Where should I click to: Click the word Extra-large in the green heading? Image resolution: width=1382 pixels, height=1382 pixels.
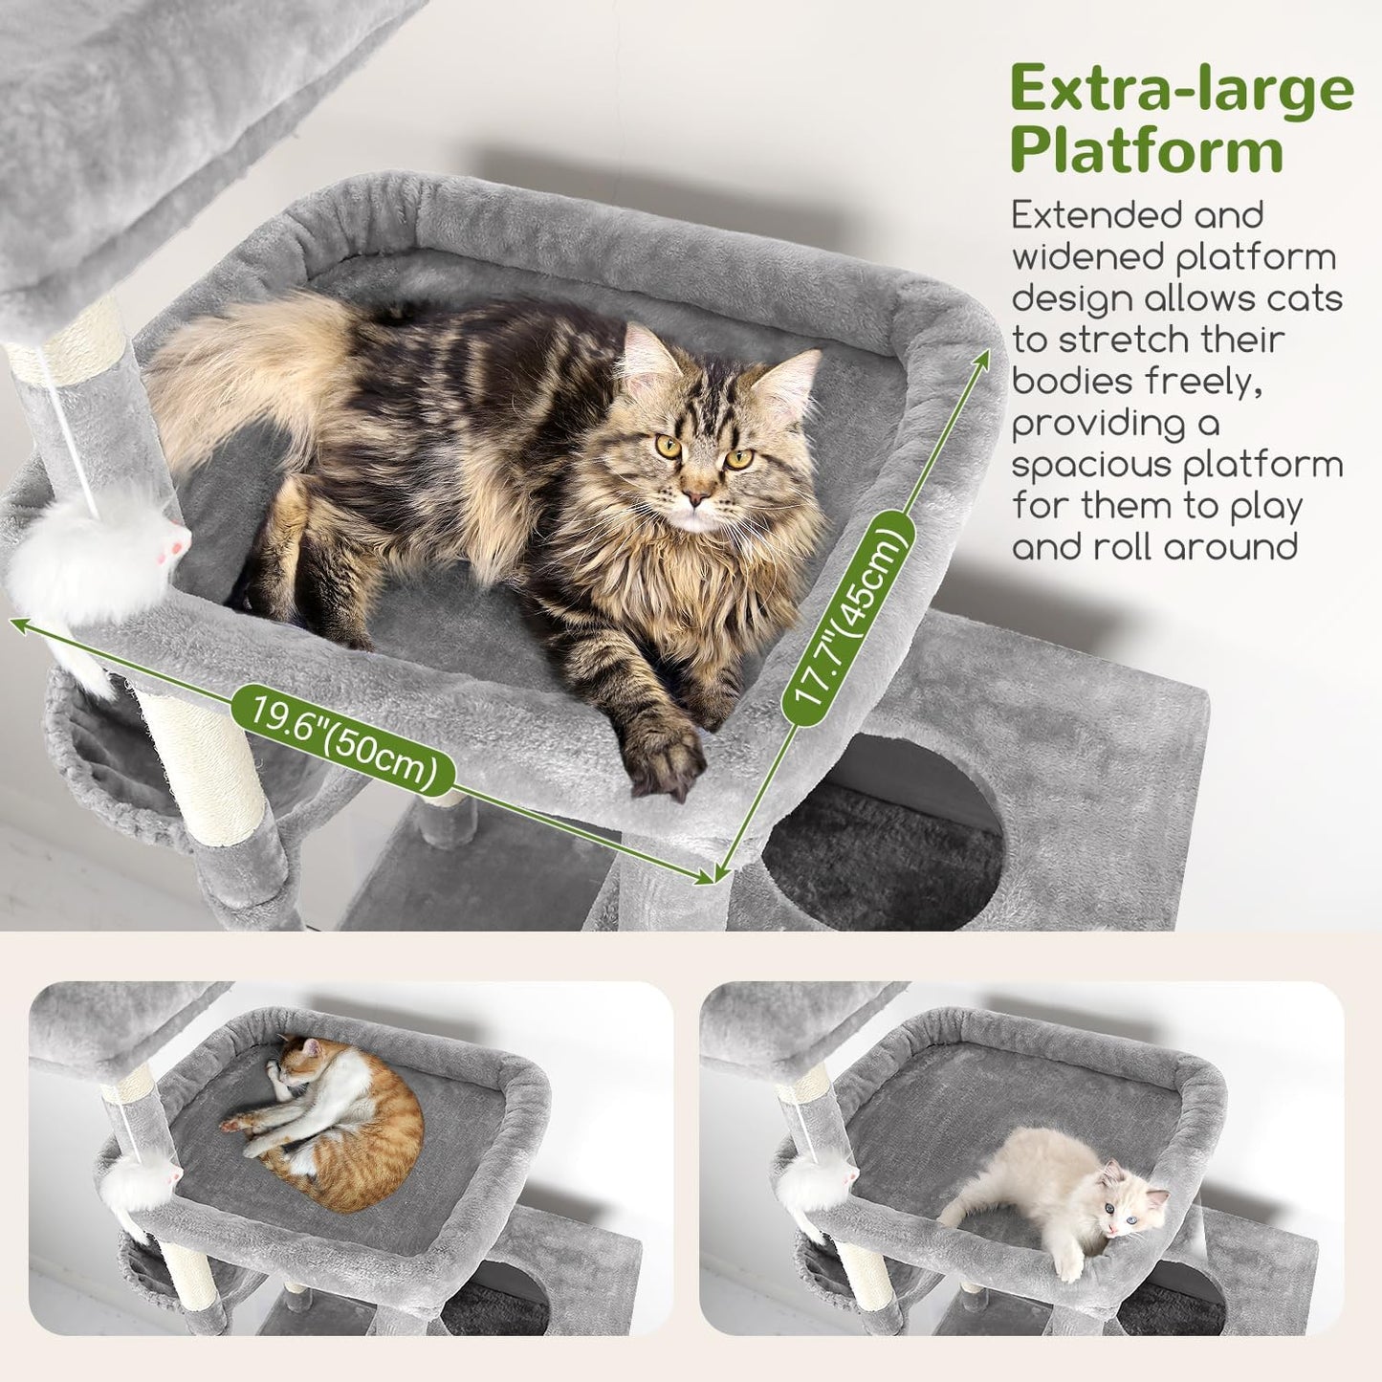(1181, 90)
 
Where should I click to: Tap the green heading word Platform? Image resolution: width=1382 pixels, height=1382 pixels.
(1146, 150)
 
